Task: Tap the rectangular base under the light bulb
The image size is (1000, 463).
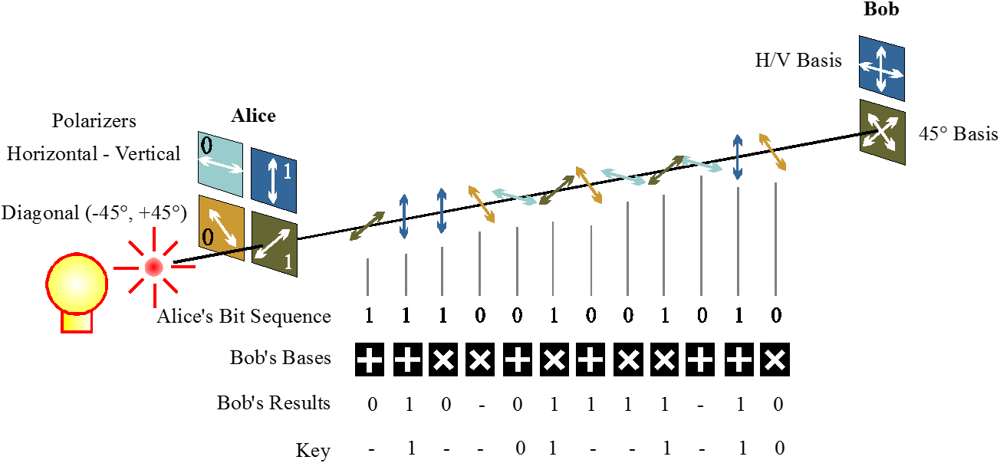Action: point(77,322)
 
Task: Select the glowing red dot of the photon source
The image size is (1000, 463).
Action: point(154,267)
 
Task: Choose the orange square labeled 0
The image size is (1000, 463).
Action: point(221,228)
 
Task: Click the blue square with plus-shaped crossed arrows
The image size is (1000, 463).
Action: point(882,68)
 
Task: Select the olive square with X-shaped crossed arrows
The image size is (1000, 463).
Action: point(883,132)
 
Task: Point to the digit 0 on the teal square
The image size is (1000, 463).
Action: point(206,145)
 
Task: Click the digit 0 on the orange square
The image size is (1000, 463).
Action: point(207,238)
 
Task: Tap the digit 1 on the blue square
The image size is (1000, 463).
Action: point(288,172)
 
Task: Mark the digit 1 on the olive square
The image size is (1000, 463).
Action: point(288,262)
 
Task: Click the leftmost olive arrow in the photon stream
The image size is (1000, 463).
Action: point(367,226)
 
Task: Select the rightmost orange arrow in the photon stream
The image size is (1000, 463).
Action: point(773,152)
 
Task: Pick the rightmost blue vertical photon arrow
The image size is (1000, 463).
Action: point(738,157)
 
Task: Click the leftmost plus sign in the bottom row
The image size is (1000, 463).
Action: point(369,360)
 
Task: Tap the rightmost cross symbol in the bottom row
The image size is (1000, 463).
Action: point(775,360)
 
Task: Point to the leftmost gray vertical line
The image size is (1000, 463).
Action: point(368,277)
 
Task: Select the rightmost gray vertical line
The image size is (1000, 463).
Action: point(775,238)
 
